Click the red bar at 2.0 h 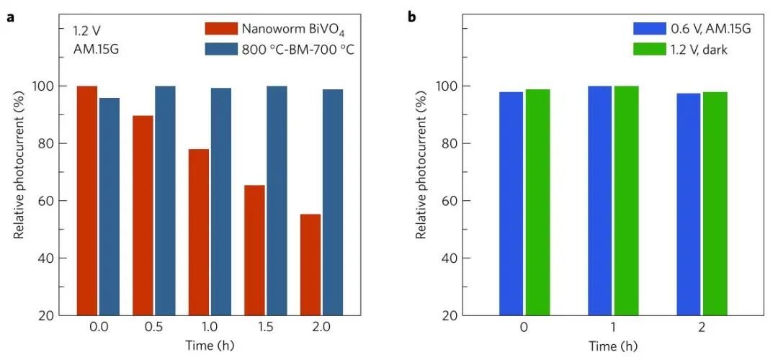[310, 264]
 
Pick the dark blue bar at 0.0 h [109, 207]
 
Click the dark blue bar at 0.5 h [165, 201]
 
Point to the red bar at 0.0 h [86, 201]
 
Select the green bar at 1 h [626, 201]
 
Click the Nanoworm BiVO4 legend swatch [221, 29]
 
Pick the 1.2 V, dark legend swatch [647, 49]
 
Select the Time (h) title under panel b [614, 346]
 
